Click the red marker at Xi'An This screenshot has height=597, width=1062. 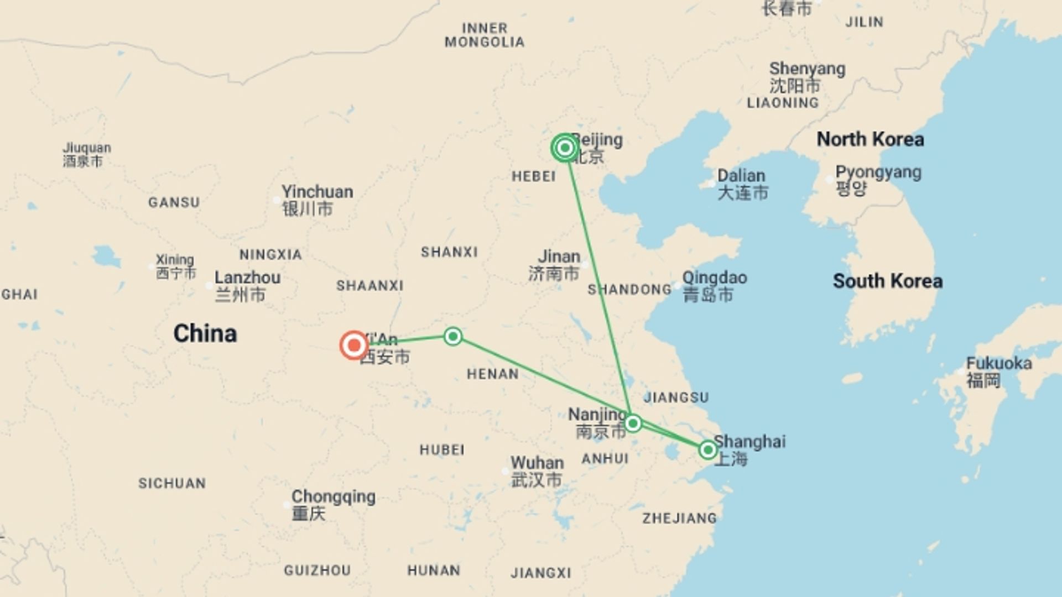pyautogui.click(x=354, y=345)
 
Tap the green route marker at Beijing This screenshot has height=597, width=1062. pyautogui.click(x=565, y=148)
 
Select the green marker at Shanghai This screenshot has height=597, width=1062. pyautogui.click(x=707, y=450)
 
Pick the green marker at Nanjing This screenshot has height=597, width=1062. pyautogui.click(x=633, y=424)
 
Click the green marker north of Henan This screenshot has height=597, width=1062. pyautogui.click(x=453, y=336)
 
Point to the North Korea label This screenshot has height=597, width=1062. pyautogui.click(x=870, y=139)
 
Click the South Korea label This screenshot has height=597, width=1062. pyautogui.click(x=887, y=281)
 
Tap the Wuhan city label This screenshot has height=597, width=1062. pyautogui.click(x=537, y=471)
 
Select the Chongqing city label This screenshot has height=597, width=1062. pyautogui.click(x=333, y=504)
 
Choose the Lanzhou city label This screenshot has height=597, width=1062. pyautogui.click(x=247, y=285)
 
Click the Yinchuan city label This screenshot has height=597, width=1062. pyautogui.click(x=317, y=200)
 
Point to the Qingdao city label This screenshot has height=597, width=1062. pyautogui.click(x=714, y=286)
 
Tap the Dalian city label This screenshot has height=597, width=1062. pyautogui.click(x=742, y=184)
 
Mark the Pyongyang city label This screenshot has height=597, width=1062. pyautogui.click(x=878, y=180)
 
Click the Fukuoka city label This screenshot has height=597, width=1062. pyautogui.click(x=998, y=371)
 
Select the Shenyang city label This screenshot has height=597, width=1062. pyautogui.click(x=807, y=77)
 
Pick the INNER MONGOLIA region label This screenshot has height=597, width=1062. pyautogui.click(x=485, y=35)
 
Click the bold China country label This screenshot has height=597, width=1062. pyautogui.click(x=205, y=334)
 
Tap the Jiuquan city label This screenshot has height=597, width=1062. pyautogui.click(x=87, y=154)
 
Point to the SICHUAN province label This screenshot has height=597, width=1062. pyautogui.click(x=172, y=484)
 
